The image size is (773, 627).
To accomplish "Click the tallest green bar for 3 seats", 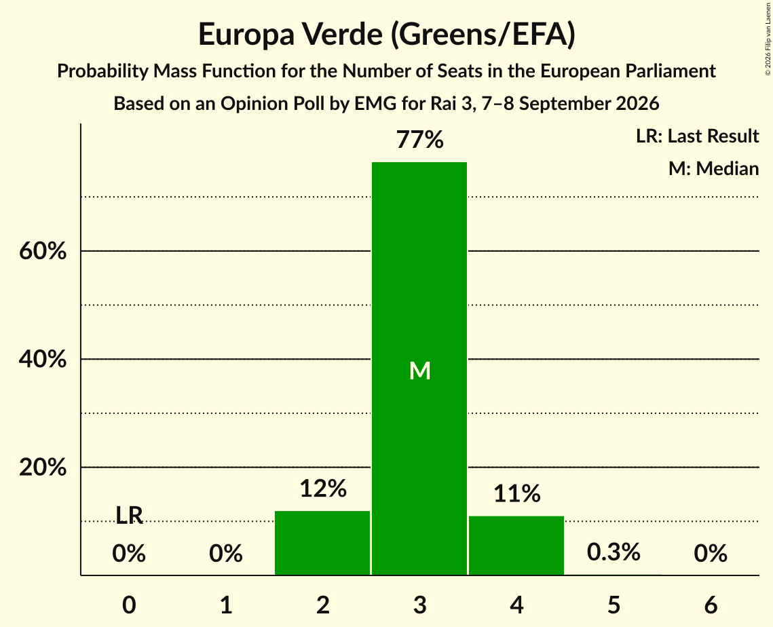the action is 419,368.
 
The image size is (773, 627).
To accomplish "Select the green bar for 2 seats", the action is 322,543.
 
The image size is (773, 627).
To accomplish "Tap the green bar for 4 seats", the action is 516,545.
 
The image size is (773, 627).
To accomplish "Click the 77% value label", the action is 420,139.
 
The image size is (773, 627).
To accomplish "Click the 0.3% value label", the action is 614,552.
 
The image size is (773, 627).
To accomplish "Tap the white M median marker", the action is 420,370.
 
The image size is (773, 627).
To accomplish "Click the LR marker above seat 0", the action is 129,516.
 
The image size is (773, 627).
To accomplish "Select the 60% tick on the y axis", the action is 43,251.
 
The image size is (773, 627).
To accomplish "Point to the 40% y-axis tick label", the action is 43,359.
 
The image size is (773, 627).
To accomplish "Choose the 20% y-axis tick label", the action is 43,467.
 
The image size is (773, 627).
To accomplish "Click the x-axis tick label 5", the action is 614,605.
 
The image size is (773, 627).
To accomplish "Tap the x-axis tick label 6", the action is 711,605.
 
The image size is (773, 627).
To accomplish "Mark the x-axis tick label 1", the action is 226,605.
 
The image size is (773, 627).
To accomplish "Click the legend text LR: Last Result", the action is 697,136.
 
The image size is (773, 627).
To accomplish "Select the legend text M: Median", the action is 713,168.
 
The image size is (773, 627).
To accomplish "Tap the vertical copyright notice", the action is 768,39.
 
